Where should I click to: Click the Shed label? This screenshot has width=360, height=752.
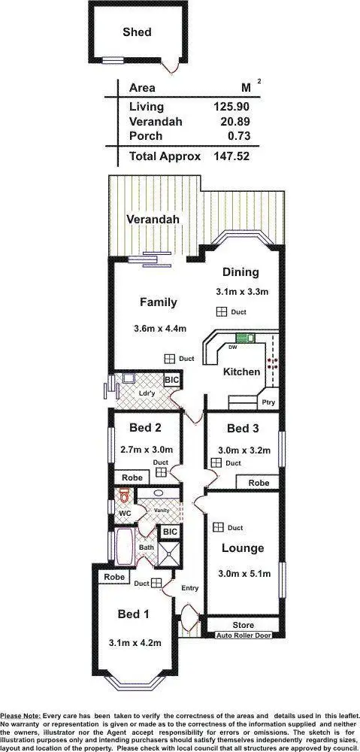click(137, 32)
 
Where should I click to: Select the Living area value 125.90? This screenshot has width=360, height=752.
click(231, 106)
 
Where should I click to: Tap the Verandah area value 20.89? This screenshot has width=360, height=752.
click(234, 120)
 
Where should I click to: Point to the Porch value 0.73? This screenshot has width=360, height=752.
click(237, 135)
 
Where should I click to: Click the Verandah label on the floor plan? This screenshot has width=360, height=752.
click(153, 220)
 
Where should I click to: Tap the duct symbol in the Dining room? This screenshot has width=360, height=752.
click(222, 311)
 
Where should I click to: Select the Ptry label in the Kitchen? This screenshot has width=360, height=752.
click(268, 402)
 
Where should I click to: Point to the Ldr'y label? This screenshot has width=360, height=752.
click(147, 393)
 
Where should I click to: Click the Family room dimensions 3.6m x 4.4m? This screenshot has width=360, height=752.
click(159, 328)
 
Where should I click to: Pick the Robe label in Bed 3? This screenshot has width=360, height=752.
click(259, 482)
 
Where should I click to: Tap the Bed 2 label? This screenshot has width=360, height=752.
click(146, 429)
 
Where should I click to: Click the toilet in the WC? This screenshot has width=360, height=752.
click(123, 496)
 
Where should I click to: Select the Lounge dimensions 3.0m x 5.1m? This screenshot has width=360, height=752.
click(244, 573)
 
